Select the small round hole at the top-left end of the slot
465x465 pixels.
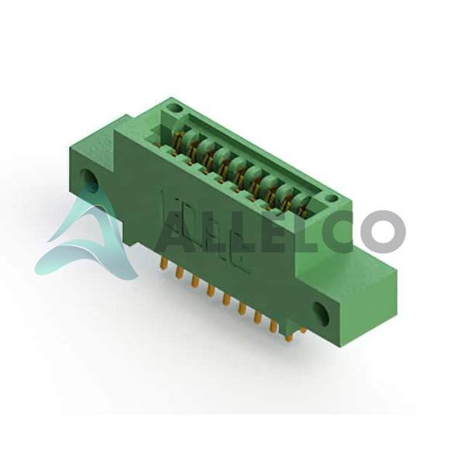pos(174,107)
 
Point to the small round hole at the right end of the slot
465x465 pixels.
pos(332,199)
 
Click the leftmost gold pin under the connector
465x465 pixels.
pos(163,263)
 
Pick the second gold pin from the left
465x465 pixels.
pos(178,272)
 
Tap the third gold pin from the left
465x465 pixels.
pos(195,282)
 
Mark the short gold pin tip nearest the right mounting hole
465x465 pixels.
pos(302,330)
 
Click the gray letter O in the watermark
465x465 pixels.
pos(383,230)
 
